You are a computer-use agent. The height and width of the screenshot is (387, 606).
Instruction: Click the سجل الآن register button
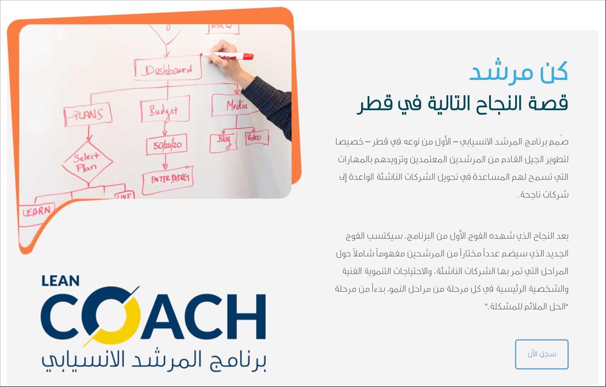point(541,354)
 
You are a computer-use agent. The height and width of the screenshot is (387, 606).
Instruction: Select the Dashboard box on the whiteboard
point(168,68)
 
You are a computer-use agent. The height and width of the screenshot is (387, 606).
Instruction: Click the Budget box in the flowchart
point(165,109)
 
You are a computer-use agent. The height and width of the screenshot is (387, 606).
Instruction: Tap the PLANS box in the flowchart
point(88,114)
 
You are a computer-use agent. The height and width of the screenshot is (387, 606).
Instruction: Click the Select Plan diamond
point(87,161)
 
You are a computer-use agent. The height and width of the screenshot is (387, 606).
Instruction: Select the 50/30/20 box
point(167,144)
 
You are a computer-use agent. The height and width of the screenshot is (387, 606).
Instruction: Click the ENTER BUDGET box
point(168,180)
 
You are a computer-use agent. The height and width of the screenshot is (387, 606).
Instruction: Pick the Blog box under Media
point(223,142)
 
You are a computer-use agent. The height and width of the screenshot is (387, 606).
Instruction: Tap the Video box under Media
point(257,137)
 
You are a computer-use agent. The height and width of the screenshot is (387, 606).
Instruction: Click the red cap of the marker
point(248,56)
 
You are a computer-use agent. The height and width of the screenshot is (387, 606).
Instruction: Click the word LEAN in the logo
point(60,280)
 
